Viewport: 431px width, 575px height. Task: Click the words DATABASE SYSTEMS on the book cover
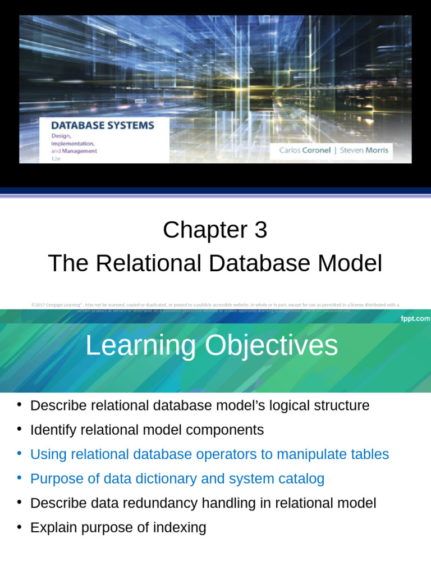[x=104, y=125]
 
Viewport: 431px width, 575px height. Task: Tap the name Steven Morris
[x=364, y=150]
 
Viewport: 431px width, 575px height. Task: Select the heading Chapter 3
[x=215, y=230]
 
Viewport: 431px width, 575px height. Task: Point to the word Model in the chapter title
[x=352, y=263]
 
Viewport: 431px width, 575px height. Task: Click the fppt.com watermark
[x=415, y=318]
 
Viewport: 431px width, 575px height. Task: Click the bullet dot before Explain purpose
[x=19, y=527]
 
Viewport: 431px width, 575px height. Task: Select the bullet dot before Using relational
[x=19, y=454]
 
